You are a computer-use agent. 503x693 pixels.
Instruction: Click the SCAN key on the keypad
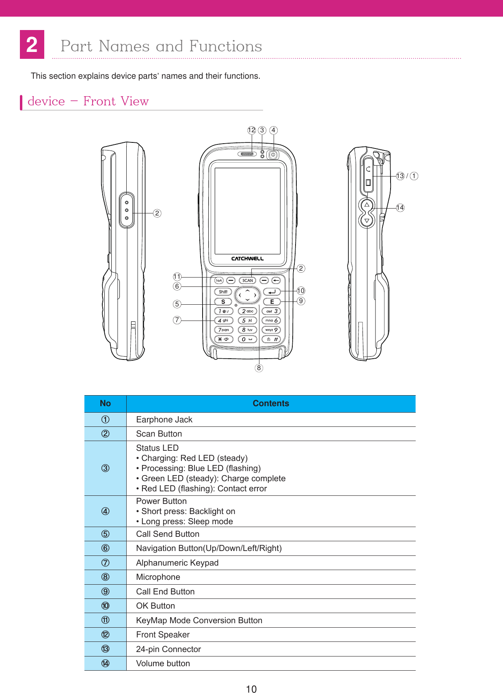(247, 280)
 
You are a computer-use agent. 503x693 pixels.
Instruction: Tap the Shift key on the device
(223, 292)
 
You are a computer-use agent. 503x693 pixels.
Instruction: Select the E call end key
(272, 301)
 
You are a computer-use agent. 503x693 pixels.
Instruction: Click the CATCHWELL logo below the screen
(247, 258)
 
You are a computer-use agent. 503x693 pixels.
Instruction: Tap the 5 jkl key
(247, 321)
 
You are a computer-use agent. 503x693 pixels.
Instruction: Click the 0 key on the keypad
(247, 339)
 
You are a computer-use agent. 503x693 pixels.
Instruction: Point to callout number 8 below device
(259, 368)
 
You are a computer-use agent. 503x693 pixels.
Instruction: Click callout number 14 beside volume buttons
(400, 208)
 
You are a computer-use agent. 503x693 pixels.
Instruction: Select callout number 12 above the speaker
(252, 130)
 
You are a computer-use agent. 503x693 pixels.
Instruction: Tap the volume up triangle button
(367, 205)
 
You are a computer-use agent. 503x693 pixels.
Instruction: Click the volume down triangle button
(367, 221)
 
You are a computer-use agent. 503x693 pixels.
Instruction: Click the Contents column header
(271, 403)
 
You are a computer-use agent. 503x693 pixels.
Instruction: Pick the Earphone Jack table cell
(164, 420)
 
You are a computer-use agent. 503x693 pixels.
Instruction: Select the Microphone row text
(158, 577)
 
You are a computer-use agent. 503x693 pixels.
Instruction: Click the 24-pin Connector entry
(168, 649)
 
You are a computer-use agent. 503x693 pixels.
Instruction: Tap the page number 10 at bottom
(251, 689)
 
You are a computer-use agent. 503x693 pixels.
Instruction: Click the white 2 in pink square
(32, 45)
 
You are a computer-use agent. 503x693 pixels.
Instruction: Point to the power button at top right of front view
(273, 155)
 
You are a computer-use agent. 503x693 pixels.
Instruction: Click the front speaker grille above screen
(247, 154)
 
